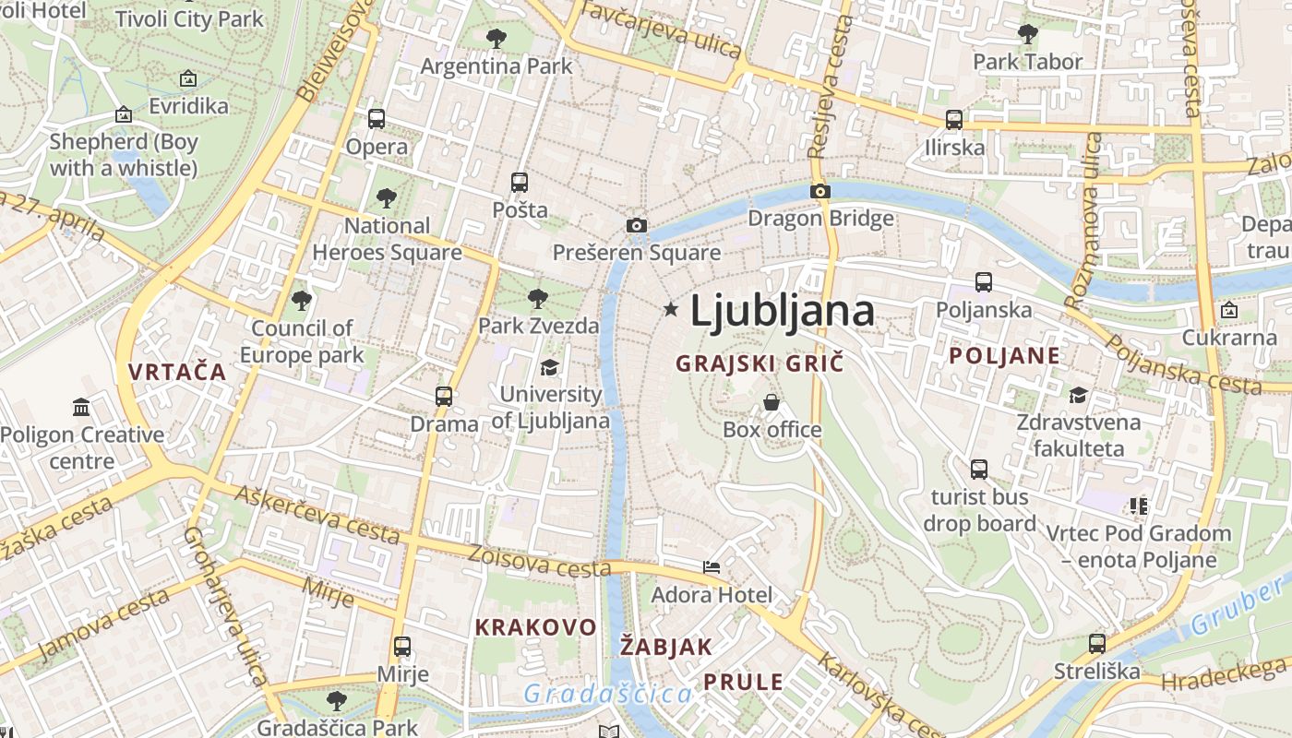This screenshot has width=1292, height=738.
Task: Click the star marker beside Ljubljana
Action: pyautogui.click(x=671, y=310)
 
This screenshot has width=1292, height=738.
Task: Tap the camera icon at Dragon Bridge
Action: pyautogui.click(x=819, y=192)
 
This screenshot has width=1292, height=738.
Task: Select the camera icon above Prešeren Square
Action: pyautogui.click(x=636, y=225)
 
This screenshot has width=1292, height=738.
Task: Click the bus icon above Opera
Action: pyautogui.click(x=377, y=119)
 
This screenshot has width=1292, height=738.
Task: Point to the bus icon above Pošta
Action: pyautogui.click(x=520, y=183)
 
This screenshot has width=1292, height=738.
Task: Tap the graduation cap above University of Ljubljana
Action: pyautogui.click(x=549, y=368)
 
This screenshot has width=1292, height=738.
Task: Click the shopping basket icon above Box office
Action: pyautogui.click(x=772, y=402)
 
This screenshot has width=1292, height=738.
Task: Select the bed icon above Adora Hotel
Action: pyautogui.click(x=712, y=567)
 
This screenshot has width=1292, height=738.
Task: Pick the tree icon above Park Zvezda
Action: pyautogui.click(x=538, y=299)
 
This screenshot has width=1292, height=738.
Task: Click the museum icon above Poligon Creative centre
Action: pyautogui.click(x=81, y=407)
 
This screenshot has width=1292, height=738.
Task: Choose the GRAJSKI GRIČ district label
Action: pyautogui.click(x=760, y=363)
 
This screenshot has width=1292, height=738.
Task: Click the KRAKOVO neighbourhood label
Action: pyautogui.click(x=535, y=627)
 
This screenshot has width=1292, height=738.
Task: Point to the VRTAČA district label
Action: pyautogui.click(x=177, y=372)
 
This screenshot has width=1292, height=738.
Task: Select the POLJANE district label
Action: pyautogui.click(x=1005, y=356)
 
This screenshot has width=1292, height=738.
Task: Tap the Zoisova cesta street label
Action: pyautogui.click(x=539, y=562)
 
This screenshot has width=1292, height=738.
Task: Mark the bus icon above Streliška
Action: pyautogui.click(x=1097, y=644)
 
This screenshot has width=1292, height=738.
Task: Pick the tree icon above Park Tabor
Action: pyautogui.click(x=1027, y=35)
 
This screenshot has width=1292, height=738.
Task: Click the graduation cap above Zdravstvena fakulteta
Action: pyautogui.click(x=1078, y=396)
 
